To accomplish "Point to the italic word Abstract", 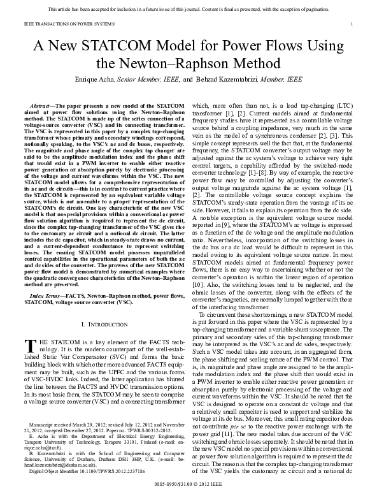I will pyautogui.click(x=43, y=103).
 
